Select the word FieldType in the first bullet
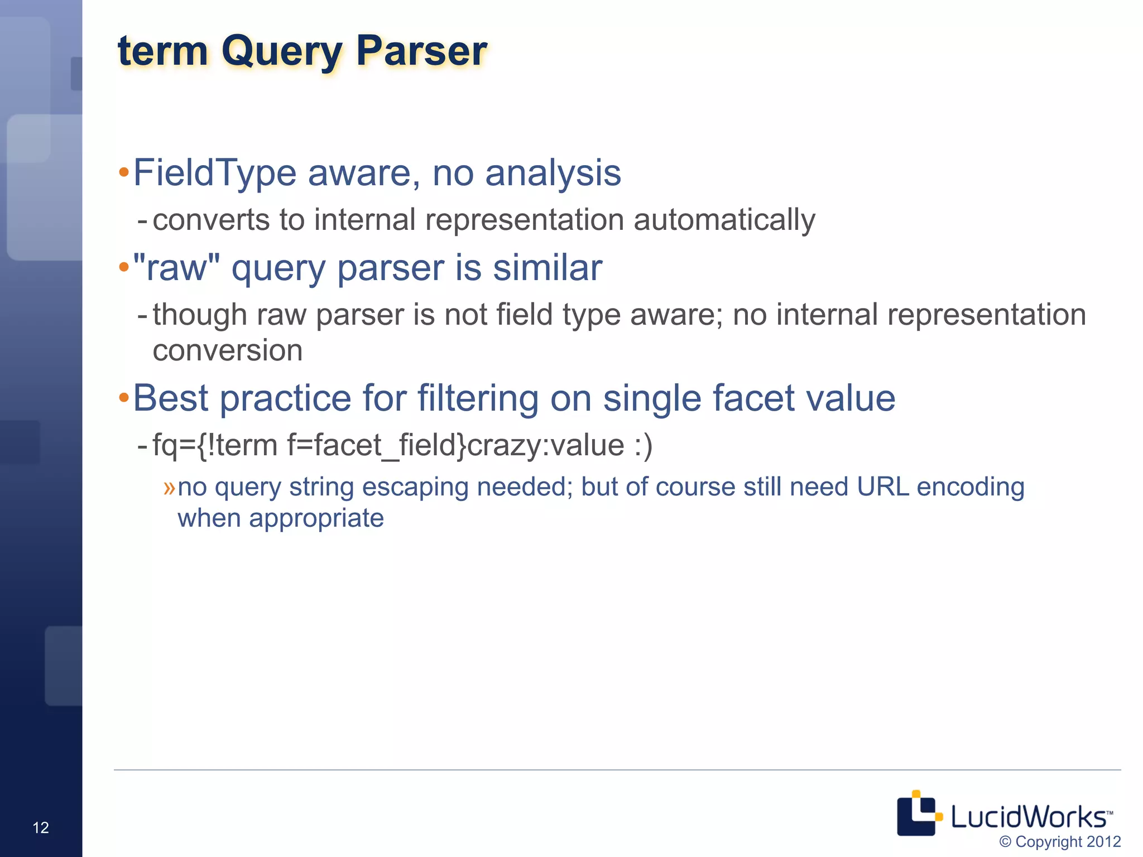pos(215,173)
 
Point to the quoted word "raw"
pos(176,268)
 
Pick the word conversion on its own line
pos(228,351)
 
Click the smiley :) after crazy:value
pos(643,445)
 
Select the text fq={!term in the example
pos(215,445)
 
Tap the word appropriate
pos(316,518)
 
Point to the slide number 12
pos(41,827)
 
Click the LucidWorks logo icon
pos(918,813)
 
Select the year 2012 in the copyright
pos(1103,841)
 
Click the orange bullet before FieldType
pos(124,174)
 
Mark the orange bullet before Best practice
pos(124,398)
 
